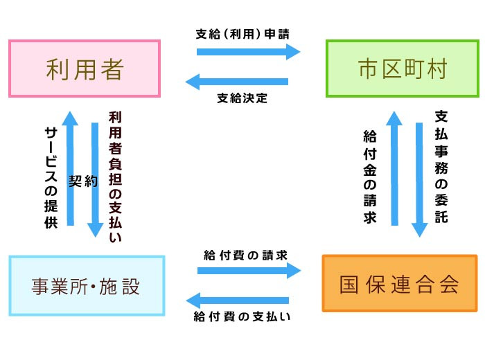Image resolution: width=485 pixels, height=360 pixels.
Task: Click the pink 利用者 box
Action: coord(85,69)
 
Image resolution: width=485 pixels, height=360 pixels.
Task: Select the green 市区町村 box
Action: coord(403,69)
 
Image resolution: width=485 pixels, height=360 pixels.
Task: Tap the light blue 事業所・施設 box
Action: coord(87,285)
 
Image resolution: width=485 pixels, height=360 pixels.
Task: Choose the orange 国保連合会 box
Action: coord(400,283)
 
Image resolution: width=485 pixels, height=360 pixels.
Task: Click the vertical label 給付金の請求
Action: coord(369,177)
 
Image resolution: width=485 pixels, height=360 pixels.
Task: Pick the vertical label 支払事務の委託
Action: coord(441,166)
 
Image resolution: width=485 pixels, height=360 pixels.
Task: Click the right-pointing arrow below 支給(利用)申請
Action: coord(248,52)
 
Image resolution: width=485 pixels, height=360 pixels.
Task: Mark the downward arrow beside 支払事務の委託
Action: coord(419,180)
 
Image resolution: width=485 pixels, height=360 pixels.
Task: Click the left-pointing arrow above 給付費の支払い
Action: coord(237,300)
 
